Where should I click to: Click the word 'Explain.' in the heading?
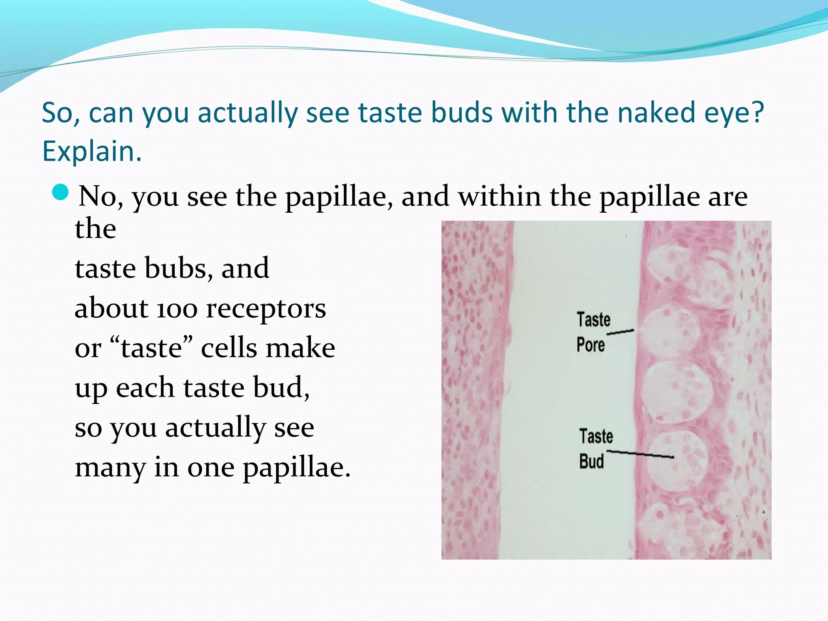[x=92, y=151]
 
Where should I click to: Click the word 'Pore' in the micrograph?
[x=591, y=345]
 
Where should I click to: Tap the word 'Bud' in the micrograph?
[x=591, y=461]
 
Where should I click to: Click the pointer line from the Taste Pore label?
[x=621, y=332]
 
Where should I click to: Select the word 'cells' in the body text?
[x=229, y=348]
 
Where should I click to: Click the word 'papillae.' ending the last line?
[x=296, y=468]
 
